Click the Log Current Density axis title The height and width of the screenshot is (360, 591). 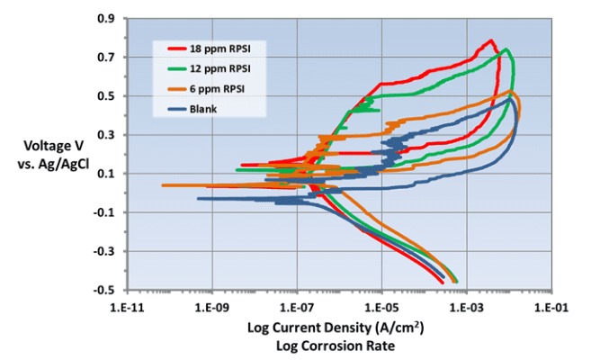point(336,328)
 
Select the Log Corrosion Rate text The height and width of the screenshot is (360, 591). point(336,345)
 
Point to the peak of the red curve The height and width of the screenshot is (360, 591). point(490,40)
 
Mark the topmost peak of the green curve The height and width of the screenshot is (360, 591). point(506,49)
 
